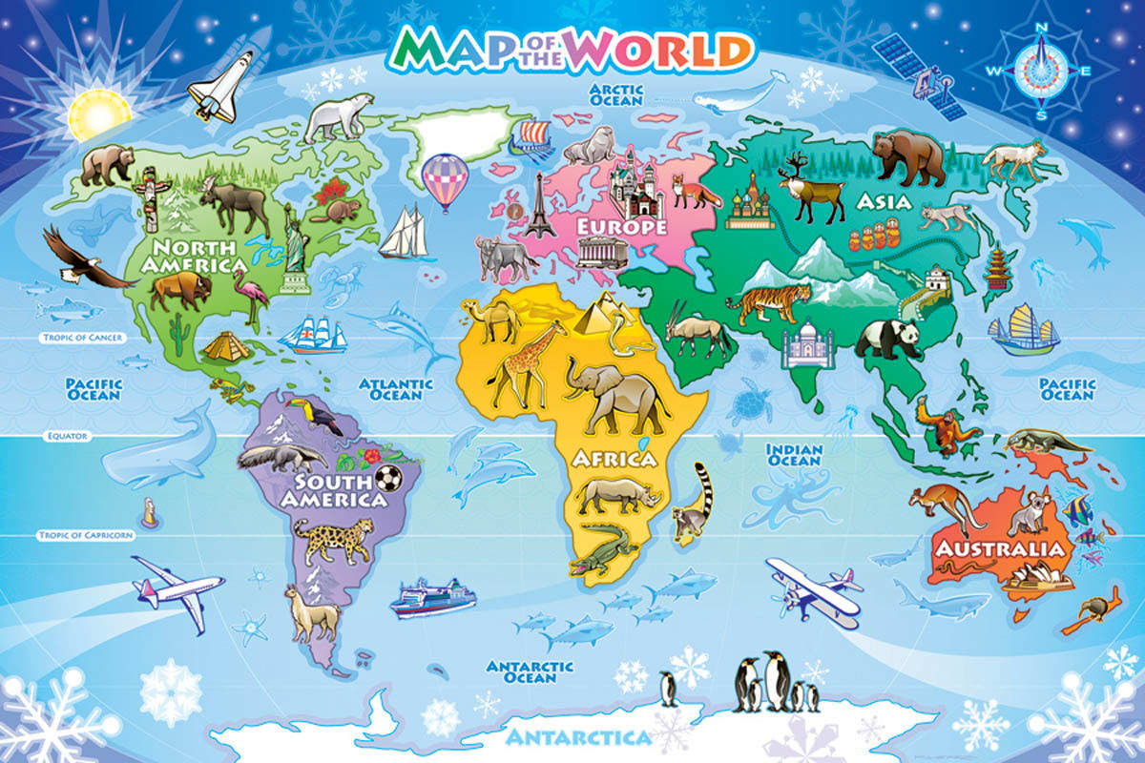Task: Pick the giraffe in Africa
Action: pos(516,363)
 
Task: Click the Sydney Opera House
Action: pos(1035,577)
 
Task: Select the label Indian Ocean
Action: pos(794,454)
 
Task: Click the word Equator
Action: pos(66,436)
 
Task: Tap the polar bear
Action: pos(338,115)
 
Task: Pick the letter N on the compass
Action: pos(1042,27)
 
